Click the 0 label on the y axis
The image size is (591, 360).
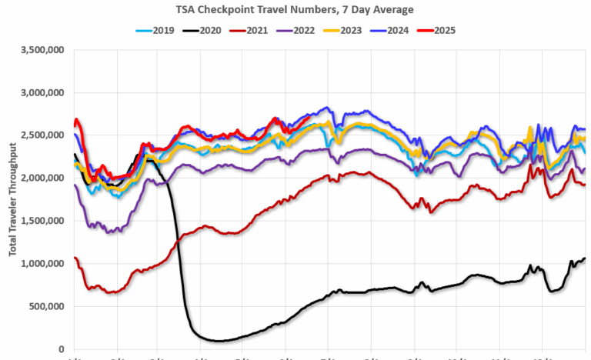(x=65, y=349)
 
